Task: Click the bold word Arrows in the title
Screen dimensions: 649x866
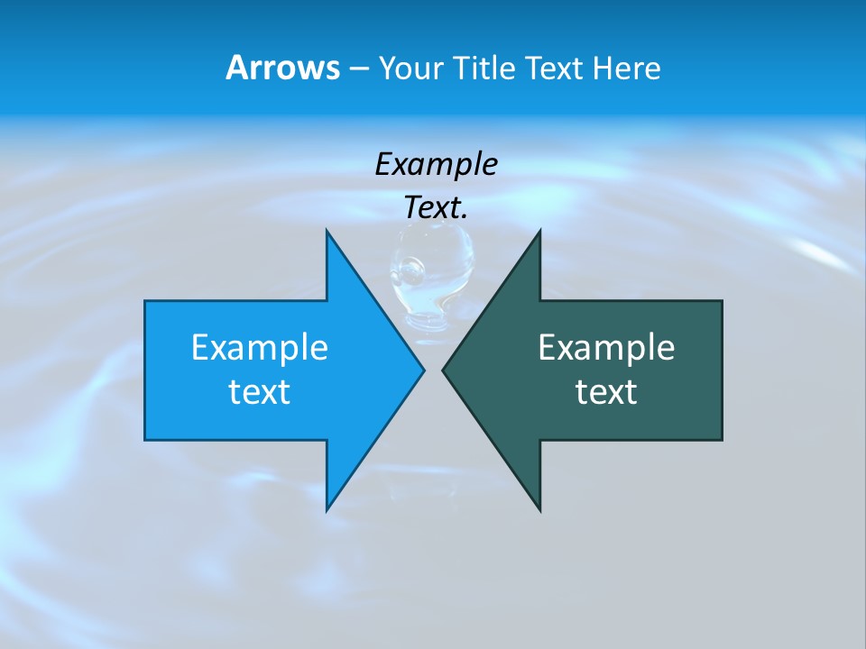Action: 282,69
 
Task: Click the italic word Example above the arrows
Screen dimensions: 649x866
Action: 436,165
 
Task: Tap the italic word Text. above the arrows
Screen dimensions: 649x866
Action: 436,208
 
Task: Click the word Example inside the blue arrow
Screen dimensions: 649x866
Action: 260,348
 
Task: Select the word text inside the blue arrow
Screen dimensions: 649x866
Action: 260,392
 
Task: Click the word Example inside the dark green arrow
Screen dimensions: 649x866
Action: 606,348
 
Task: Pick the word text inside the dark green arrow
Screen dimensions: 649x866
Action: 606,392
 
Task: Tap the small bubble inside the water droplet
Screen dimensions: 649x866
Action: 412,268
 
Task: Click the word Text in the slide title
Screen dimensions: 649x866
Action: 553,69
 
